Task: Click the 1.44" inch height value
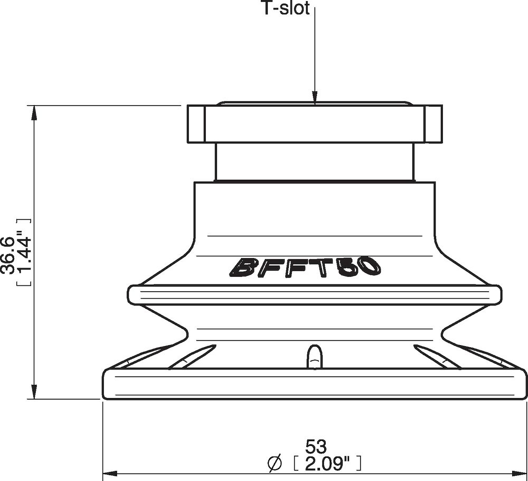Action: point(24,252)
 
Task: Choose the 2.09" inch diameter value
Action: point(326,463)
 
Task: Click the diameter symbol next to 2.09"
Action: point(275,464)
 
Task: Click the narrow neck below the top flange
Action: point(315,162)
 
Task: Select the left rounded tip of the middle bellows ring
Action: point(132,294)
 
